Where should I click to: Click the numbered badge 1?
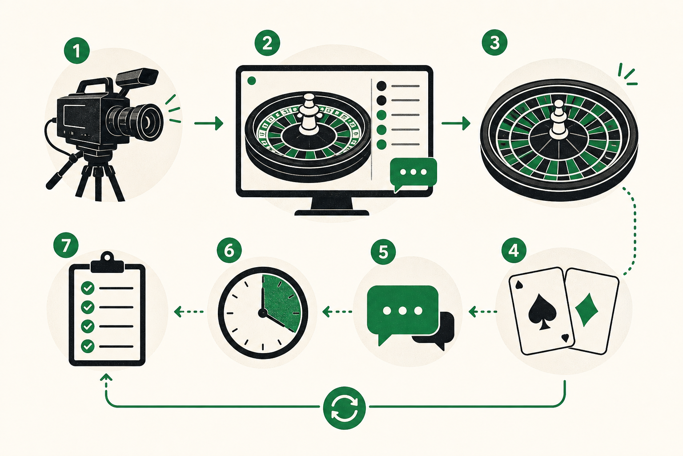pyautogui.click(x=76, y=51)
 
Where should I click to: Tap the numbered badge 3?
pyautogui.click(x=494, y=42)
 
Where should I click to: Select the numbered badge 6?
pyautogui.click(x=229, y=251)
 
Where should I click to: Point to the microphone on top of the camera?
pyautogui.click(x=137, y=77)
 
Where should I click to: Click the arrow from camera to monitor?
pyautogui.click(x=209, y=123)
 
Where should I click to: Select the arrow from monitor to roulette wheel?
pyautogui.click(x=456, y=123)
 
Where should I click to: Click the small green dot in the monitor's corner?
pyautogui.click(x=252, y=81)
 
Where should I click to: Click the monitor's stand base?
pyautogui.click(x=332, y=212)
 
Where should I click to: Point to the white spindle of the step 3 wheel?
pyautogui.click(x=558, y=121)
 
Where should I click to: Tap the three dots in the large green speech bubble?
pyautogui.click(x=402, y=311)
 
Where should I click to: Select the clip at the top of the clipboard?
pyautogui.click(x=107, y=263)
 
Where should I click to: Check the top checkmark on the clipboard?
pyautogui.click(x=88, y=288)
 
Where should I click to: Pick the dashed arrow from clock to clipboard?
pyautogui.click(x=189, y=312)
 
